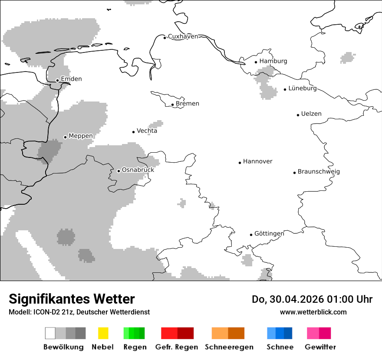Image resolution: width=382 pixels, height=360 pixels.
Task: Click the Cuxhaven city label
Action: pyautogui.click(x=183, y=36)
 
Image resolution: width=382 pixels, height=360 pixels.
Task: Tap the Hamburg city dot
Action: pyautogui.click(x=256, y=62)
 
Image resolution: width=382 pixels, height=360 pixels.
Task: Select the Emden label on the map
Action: pyautogui.click(x=71, y=79)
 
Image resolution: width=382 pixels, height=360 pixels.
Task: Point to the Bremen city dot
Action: pyautogui.click(x=172, y=105)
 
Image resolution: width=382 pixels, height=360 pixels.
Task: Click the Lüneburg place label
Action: pyautogui.click(x=303, y=88)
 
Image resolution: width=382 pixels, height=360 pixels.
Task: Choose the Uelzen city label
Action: pyautogui.click(x=311, y=114)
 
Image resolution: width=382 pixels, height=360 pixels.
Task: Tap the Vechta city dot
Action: pyautogui.click(x=134, y=132)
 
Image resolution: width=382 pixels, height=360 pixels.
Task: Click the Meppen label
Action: pyautogui.click(x=81, y=136)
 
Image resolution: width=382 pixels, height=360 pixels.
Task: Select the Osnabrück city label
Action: pyautogui.click(x=138, y=170)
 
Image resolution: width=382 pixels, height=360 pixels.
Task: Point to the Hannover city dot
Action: pyautogui.click(x=240, y=163)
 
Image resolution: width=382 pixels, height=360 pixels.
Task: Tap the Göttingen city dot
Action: pyautogui.click(x=251, y=235)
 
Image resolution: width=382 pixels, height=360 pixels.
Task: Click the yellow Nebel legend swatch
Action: pyautogui.click(x=103, y=333)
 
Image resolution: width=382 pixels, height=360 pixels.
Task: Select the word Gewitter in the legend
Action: pyautogui.click(x=320, y=347)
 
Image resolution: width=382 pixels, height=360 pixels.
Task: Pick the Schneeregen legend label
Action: pyautogui.click(x=229, y=347)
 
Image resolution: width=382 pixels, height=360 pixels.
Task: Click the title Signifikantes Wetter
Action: pyautogui.click(x=72, y=299)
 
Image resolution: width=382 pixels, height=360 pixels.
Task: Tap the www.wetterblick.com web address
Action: pyautogui.click(x=313, y=312)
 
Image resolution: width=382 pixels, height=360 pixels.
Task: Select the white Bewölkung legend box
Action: pyautogui.click(x=50, y=333)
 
